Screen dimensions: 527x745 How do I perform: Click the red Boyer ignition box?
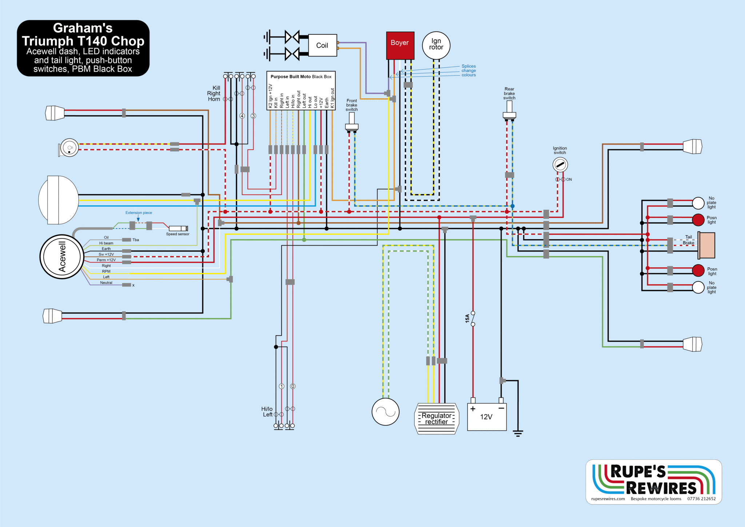(x=400, y=45)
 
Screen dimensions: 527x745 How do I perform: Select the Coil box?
(x=322, y=45)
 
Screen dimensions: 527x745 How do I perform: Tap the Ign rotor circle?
(x=436, y=45)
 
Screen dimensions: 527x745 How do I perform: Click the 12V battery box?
(x=487, y=417)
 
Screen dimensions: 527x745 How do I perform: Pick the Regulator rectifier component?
(x=437, y=419)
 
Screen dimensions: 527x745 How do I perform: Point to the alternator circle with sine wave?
(x=385, y=412)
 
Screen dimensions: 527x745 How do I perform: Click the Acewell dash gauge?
(x=62, y=257)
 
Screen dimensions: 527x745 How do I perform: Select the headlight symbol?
(x=58, y=200)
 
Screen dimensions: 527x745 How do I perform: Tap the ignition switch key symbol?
(x=560, y=165)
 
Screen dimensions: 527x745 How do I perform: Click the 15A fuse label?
(x=467, y=318)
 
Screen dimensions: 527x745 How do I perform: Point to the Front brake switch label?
(x=351, y=105)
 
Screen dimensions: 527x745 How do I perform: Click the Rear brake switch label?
(x=509, y=94)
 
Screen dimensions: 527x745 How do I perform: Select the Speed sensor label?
(x=178, y=234)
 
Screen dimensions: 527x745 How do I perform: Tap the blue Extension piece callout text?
(x=139, y=213)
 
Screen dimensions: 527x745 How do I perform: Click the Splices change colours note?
(x=469, y=71)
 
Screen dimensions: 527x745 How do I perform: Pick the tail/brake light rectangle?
(x=707, y=245)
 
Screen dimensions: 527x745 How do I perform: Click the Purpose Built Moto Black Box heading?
(x=301, y=77)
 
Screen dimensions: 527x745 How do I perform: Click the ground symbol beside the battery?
(x=518, y=433)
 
